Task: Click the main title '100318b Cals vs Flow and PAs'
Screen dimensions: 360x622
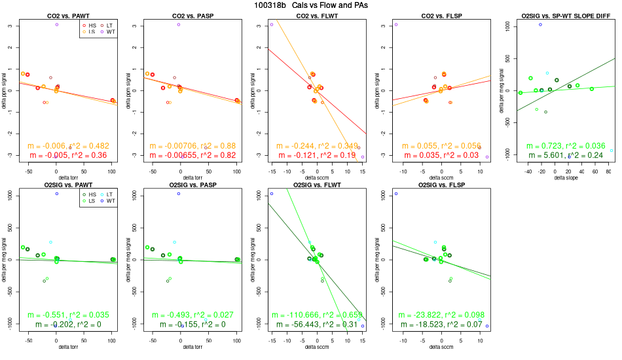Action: click(x=311, y=5)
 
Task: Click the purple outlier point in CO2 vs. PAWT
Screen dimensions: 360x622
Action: click(x=57, y=25)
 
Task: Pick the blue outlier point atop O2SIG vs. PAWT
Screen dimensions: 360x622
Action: click(x=57, y=194)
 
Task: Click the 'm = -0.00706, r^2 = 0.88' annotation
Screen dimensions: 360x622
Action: click(x=189, y=146)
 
